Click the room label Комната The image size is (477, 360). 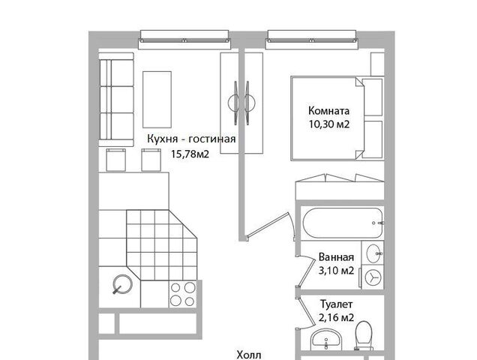(328, 110)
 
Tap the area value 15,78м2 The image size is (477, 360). (190, 154)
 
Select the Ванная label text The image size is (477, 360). (336, 257)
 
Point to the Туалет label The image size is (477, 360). (337, 304)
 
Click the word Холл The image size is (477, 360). (249, 355)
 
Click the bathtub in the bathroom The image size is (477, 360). (343, 223)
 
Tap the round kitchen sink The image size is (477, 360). (122, 284)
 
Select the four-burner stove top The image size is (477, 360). (183, 294)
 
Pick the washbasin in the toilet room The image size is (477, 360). (326, 340)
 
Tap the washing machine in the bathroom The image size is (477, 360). (372, 277)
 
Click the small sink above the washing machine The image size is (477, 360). (373, 253)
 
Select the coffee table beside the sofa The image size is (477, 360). (157, 100)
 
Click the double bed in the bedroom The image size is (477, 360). (327, 118)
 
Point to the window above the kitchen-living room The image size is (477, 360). (184, 40)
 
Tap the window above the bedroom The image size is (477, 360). (311, 40)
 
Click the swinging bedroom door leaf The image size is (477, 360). (267, 225)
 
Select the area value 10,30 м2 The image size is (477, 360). (329, 124)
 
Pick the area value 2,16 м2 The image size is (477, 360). (337, 318)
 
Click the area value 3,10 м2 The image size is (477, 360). (336, 271)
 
